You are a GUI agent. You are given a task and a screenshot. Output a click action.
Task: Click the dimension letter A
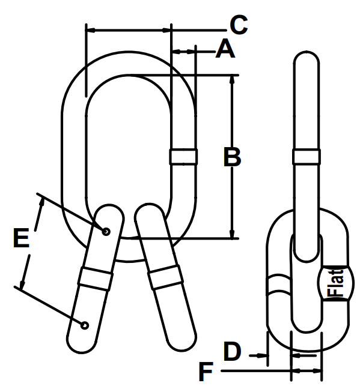click(x=225, y=49)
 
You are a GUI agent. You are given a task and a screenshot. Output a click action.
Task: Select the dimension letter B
click(x=231, y=157)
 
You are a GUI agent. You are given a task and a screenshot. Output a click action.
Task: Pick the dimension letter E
click(x=21, y=238)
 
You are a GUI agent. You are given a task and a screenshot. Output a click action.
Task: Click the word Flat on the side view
click(x=334, y=283)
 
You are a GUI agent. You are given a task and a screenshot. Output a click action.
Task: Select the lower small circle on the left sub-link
click(x=85, y=325)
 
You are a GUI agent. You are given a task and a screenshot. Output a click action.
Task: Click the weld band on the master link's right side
click(x=183, y=156)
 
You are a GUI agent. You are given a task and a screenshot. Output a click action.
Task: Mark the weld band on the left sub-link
click(x=95, y=279)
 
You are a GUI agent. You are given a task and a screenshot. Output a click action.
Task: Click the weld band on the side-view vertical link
click(x=307, y=156)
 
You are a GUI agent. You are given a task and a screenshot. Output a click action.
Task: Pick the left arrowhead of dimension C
click(x=90, y=28)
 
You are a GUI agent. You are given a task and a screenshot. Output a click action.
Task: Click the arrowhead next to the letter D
click(x=263, y=355)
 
